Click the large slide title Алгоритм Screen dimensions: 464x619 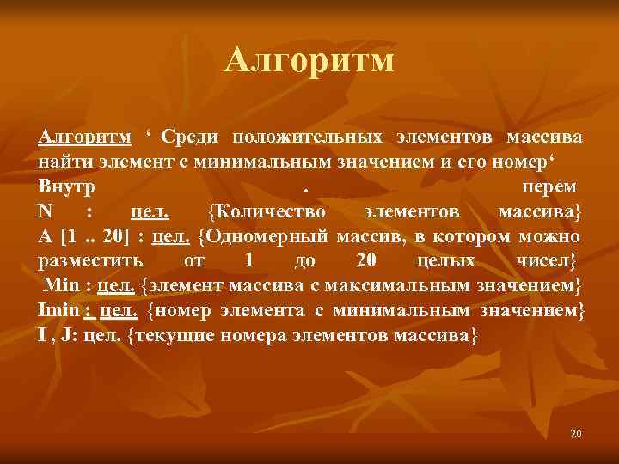[309, 60]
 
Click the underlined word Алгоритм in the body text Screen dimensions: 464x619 [84, 137]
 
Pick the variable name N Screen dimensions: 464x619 [46, 211]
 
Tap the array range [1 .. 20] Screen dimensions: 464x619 [90, 236]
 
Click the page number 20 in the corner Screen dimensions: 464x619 [575, 434]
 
